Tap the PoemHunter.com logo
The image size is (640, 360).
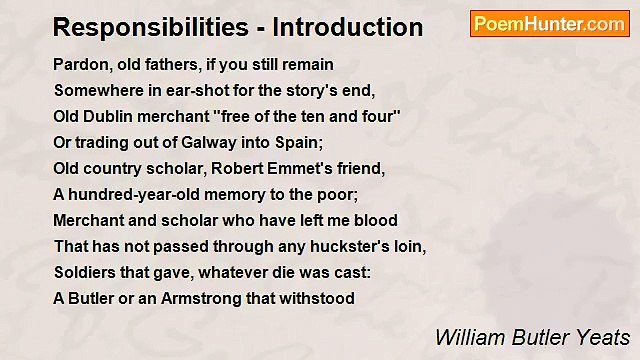549,24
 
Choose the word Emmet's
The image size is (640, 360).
295,168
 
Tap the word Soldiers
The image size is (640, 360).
86,272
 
